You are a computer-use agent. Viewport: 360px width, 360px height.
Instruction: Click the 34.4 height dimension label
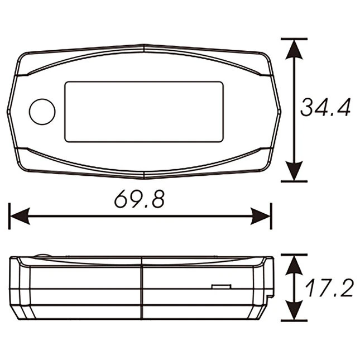[x=325, y=107]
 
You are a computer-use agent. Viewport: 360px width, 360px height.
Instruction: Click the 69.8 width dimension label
[x=140, y=199]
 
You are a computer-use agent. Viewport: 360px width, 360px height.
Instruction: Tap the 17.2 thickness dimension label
[x=329, y=288]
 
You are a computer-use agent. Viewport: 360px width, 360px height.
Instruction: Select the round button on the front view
[x=42, y=112]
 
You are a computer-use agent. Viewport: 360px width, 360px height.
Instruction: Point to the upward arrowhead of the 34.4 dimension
[x=294, y=50]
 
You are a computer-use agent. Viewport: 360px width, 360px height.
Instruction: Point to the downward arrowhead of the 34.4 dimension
[x=294, y=171]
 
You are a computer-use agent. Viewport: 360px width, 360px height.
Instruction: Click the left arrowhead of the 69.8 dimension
[x=20, y=216]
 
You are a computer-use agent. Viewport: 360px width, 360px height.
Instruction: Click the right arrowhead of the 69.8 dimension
[x=260, y=216]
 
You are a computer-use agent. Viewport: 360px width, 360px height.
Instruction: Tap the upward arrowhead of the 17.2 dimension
[x=294, y=266]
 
